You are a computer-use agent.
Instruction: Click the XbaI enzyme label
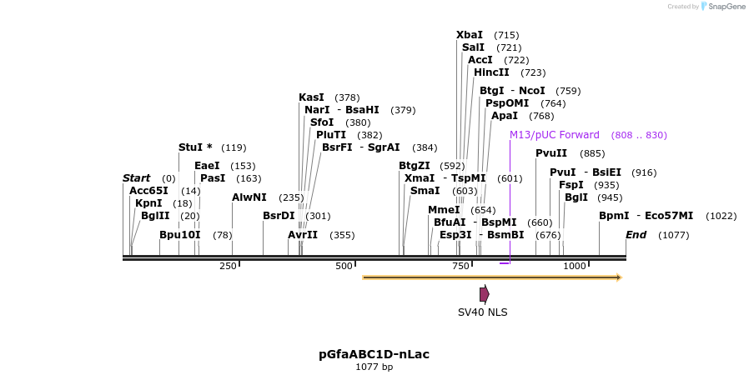click(x=470, y=35)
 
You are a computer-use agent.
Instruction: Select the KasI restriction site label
click(x=311, y=97)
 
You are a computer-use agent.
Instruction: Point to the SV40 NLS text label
click(x=482, y=312)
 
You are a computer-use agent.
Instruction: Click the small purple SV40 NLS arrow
click(x=484, y=294)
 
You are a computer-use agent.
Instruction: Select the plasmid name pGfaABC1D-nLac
click(x=374, y=354)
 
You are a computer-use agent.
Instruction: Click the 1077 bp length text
click(x=374, y=367)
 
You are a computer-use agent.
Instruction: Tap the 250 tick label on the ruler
click(x=228, y=266)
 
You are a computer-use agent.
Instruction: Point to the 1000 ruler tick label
click(x=575, y=266)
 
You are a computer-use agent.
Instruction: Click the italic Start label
click(x=136, y=178)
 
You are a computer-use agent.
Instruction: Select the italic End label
click(x=636, y=235)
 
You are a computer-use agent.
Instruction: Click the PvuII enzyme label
click(x=551, y=153)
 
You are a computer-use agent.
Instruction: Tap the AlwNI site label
click(x=249, y=197)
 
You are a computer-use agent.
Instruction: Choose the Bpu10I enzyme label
click(x=180, y=235)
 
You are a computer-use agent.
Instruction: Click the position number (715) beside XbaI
click(x=506, y=35)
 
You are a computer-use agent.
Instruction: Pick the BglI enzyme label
click(x=576, y=197)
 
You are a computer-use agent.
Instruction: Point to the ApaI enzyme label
click(x=505, y=116)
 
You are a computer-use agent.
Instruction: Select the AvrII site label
click(x=303, y=235)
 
